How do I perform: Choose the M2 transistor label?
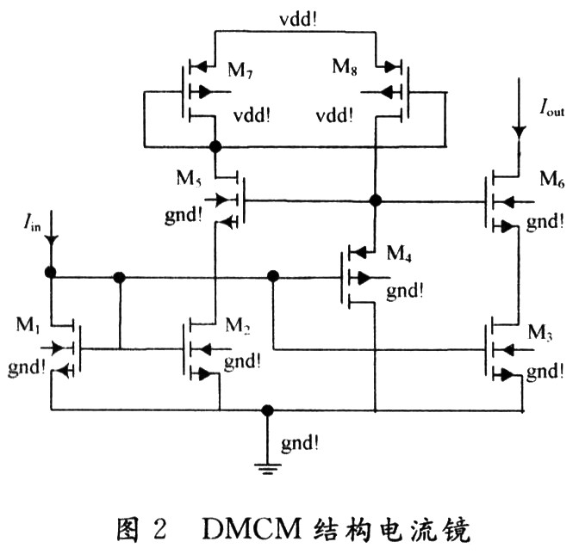240,324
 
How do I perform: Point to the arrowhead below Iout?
518,132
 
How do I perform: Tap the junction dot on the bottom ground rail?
269,409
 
